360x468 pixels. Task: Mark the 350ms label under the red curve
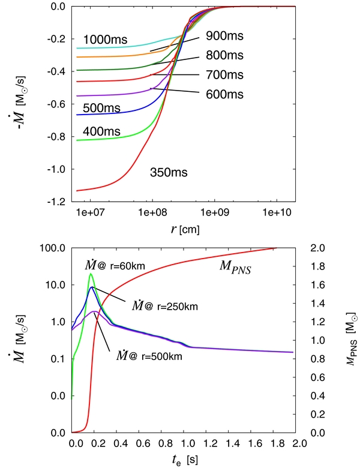(x=169, y=173)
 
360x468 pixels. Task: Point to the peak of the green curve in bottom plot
(x=91, y=274)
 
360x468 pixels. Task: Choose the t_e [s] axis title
(x=184, y=460)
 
